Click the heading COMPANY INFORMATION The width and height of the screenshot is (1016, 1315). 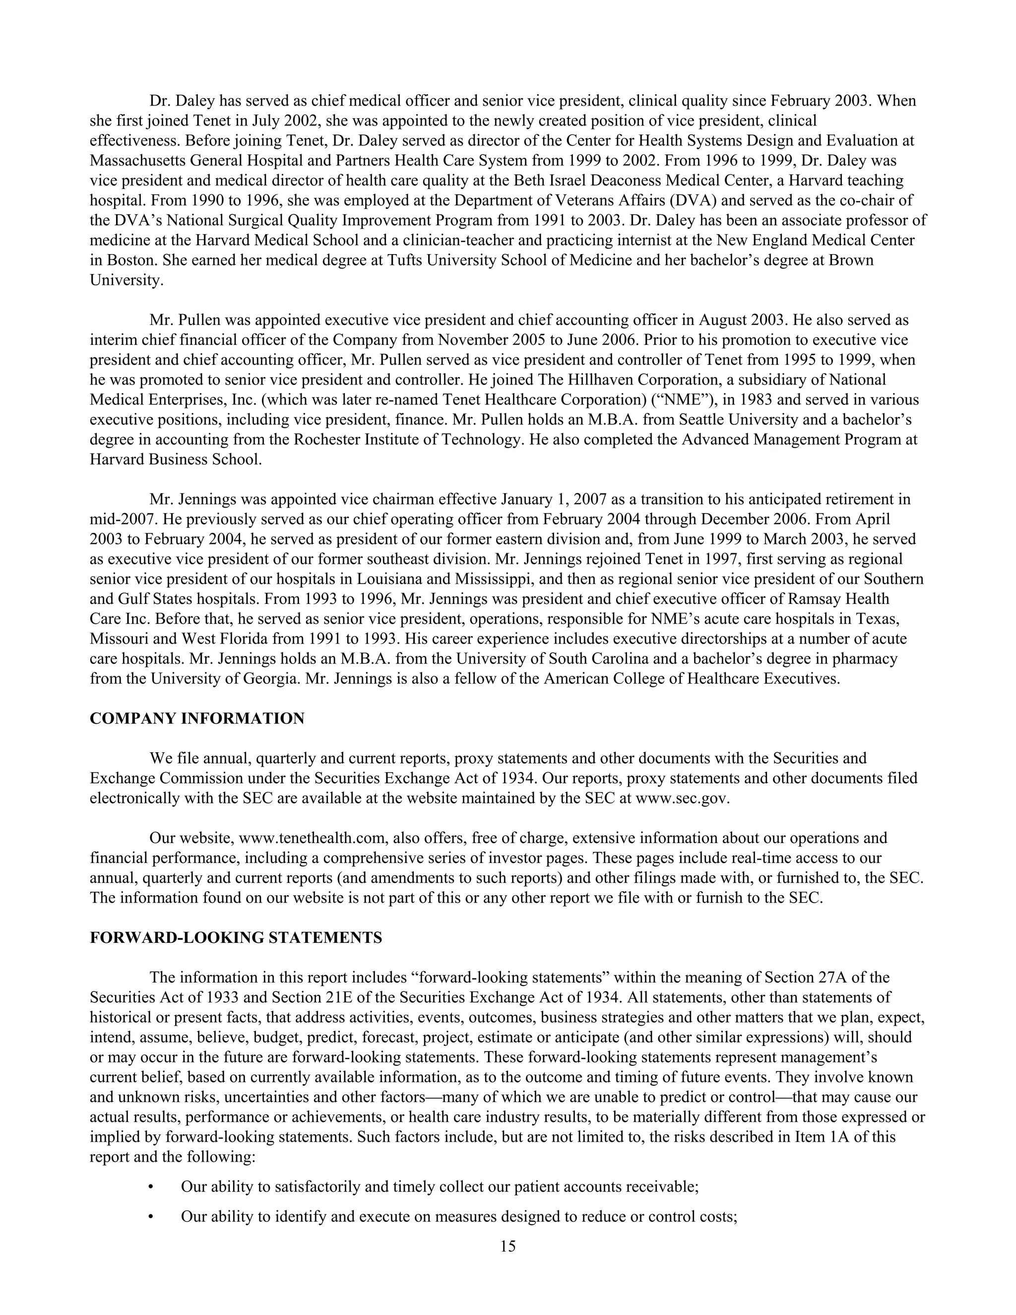[197, 719]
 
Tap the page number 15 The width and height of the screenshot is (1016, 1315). [508, 1246]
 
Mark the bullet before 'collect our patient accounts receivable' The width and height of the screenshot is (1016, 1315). [150, 1187]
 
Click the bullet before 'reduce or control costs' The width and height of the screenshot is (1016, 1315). [150, 1217]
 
